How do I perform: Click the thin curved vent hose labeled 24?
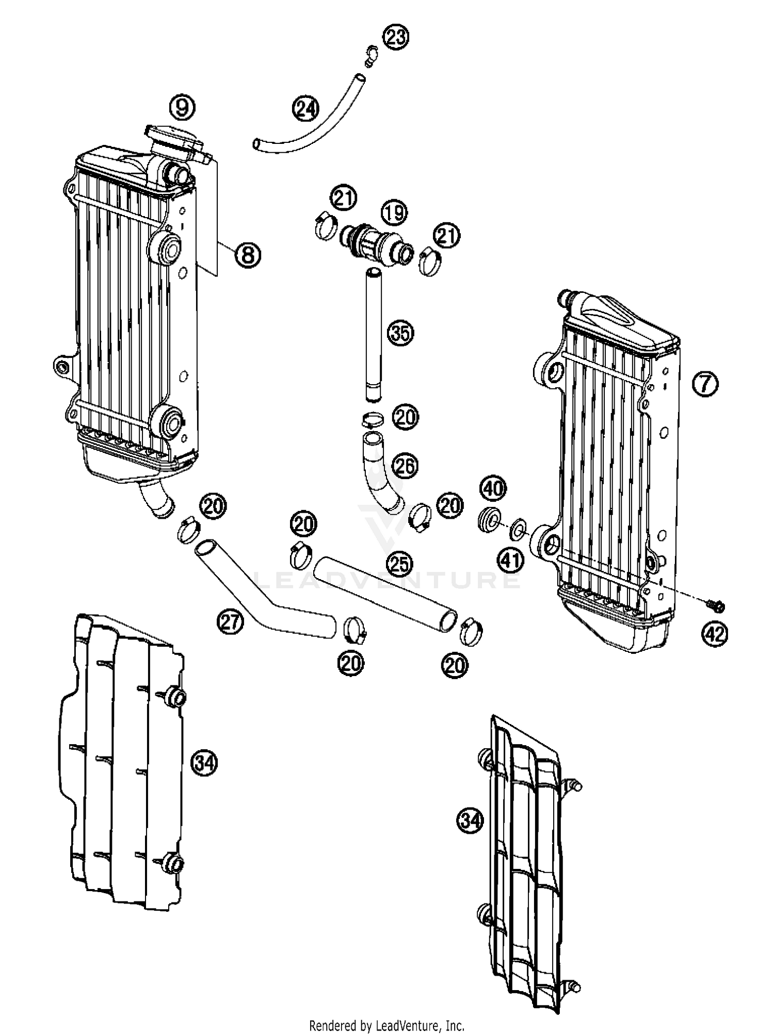click(x=310, y=131)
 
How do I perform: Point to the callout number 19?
click(x=394, y=213)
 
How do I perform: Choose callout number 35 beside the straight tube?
click(x=401, y=334)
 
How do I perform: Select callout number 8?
click(x=248, y=255)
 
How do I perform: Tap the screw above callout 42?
click(x=715, y=604)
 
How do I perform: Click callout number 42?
click(x=715, y=634)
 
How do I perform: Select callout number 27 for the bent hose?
click(x=229, y=621)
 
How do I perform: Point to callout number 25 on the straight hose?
click(x=400, y=564)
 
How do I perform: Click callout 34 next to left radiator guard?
click(x=204, y=762)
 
